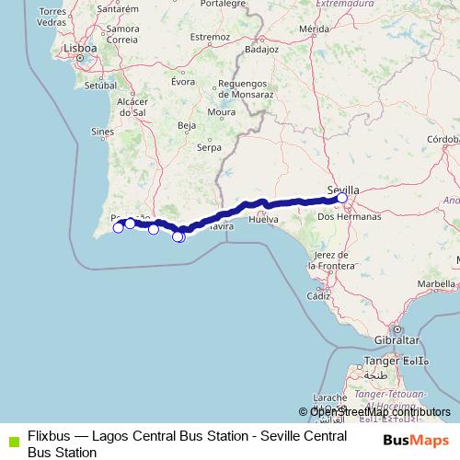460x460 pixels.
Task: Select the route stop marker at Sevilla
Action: point(341,198)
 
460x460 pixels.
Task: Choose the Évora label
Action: point(183,81)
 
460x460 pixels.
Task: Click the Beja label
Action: point(187,124)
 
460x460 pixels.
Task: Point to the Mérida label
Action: point(314,29)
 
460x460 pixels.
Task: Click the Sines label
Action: point(102,132)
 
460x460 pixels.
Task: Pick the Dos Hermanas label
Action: point(348,217)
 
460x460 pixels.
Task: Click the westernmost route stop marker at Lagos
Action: point(118,227)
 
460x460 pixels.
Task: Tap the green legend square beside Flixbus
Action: point(11,441)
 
